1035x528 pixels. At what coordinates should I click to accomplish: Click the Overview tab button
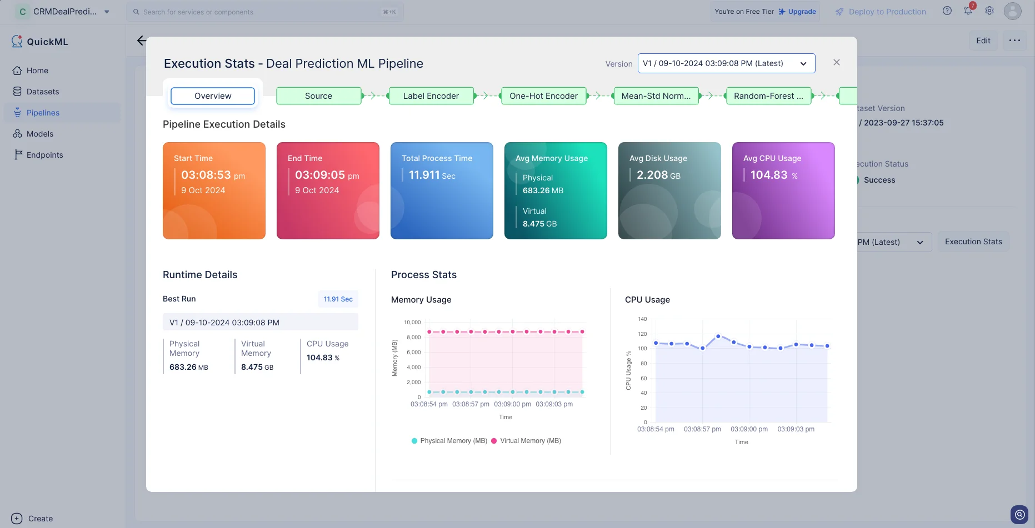coord(213,96)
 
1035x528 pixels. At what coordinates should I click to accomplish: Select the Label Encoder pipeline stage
coord(431,96)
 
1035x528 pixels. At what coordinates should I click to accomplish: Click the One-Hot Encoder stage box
coord(544,96)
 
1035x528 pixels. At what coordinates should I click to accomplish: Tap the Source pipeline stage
coord(319,96)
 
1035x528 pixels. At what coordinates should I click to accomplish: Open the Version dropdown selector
coord(726,63)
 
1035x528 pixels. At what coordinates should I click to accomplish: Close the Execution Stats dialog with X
coord(837,63)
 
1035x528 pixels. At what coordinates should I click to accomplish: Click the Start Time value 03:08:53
coord(206,175)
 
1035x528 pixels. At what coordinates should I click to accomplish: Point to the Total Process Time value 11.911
coord(424,175)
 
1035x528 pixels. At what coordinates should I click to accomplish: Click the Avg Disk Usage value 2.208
coord(652,175)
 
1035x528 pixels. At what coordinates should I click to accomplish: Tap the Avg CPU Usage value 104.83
coord(769,175)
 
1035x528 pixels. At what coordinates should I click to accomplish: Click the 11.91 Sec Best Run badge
coord(338,299)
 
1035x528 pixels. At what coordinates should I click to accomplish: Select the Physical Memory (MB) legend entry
coord(449,441)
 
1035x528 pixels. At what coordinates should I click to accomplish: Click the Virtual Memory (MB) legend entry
coord(526,441)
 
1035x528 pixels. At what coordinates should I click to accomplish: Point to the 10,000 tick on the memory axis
coord(412,323)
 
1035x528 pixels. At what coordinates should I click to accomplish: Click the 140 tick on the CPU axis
coord(642,319)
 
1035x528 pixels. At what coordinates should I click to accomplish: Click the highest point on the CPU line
coord(718,336)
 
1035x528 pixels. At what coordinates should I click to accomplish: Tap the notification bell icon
coord(968,11)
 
